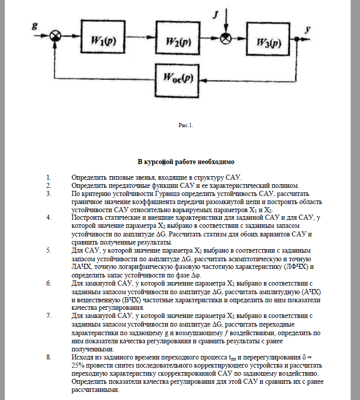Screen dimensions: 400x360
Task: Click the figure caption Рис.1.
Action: [186, 125]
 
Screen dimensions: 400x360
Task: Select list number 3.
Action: [49, 193]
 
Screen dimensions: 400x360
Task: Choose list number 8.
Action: [49, 357]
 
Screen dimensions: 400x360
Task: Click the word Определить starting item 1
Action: [90, 177]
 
